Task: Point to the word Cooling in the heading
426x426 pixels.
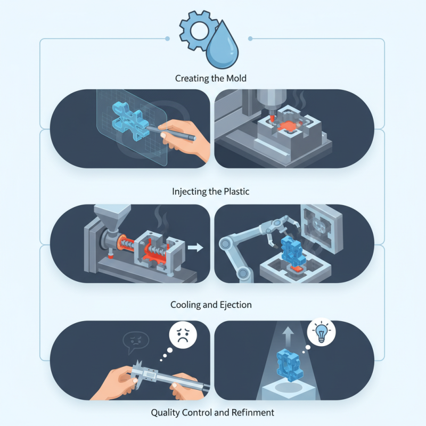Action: click(x=184, y=305)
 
